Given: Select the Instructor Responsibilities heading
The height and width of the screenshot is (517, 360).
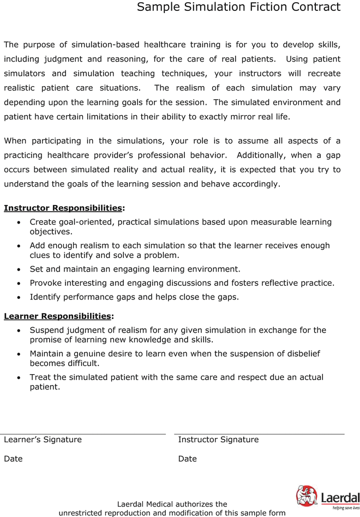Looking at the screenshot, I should click(x=63, y=208).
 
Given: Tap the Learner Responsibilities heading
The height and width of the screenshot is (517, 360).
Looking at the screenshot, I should click(x=57, y=316).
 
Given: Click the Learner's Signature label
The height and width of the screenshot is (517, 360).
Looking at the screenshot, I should click(x=43, y=440).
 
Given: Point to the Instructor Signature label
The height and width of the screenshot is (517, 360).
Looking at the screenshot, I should click(x=218, y=440).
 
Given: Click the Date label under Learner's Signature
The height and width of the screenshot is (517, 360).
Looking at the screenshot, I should click(x=13, y=459).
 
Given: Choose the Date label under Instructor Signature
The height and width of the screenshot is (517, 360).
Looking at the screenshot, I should click(x=187, y=459).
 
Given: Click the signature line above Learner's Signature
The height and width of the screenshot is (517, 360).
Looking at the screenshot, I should click(x=85, y=434).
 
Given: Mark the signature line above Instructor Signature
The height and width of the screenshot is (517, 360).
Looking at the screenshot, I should click(x=259, y=434).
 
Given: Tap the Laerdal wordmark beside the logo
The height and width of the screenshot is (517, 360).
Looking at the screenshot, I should click(x=340, y=497).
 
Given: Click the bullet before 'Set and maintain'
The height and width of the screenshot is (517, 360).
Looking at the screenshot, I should click(x=20, y=269).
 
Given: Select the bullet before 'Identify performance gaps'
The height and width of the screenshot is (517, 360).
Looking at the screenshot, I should click(x=20, y=298).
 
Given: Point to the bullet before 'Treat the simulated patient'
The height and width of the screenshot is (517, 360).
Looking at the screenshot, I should click(x=20, y=377).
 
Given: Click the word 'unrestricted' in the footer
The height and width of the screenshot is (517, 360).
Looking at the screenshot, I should click(x=85, y=513).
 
